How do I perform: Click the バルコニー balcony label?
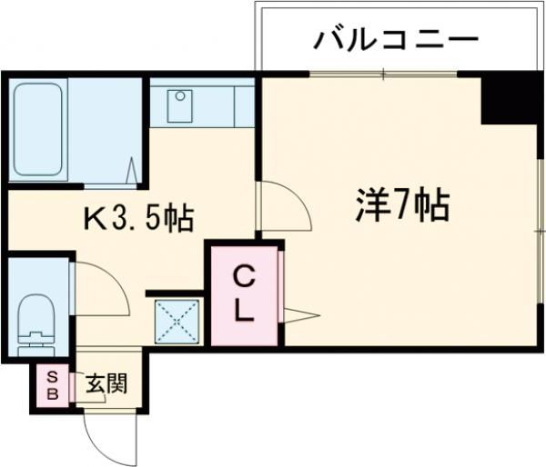(x=396, y=41)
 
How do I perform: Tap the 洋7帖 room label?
(x=400, y=208)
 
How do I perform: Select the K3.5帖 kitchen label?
(x=138, y=218)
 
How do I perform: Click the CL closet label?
(x=243, y=293)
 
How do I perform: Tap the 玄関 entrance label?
(x=106, y=383)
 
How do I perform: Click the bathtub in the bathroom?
(x=39, y=129)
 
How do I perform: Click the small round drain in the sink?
(x=181, y=95)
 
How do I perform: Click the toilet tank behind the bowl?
(x=37, y=343)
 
